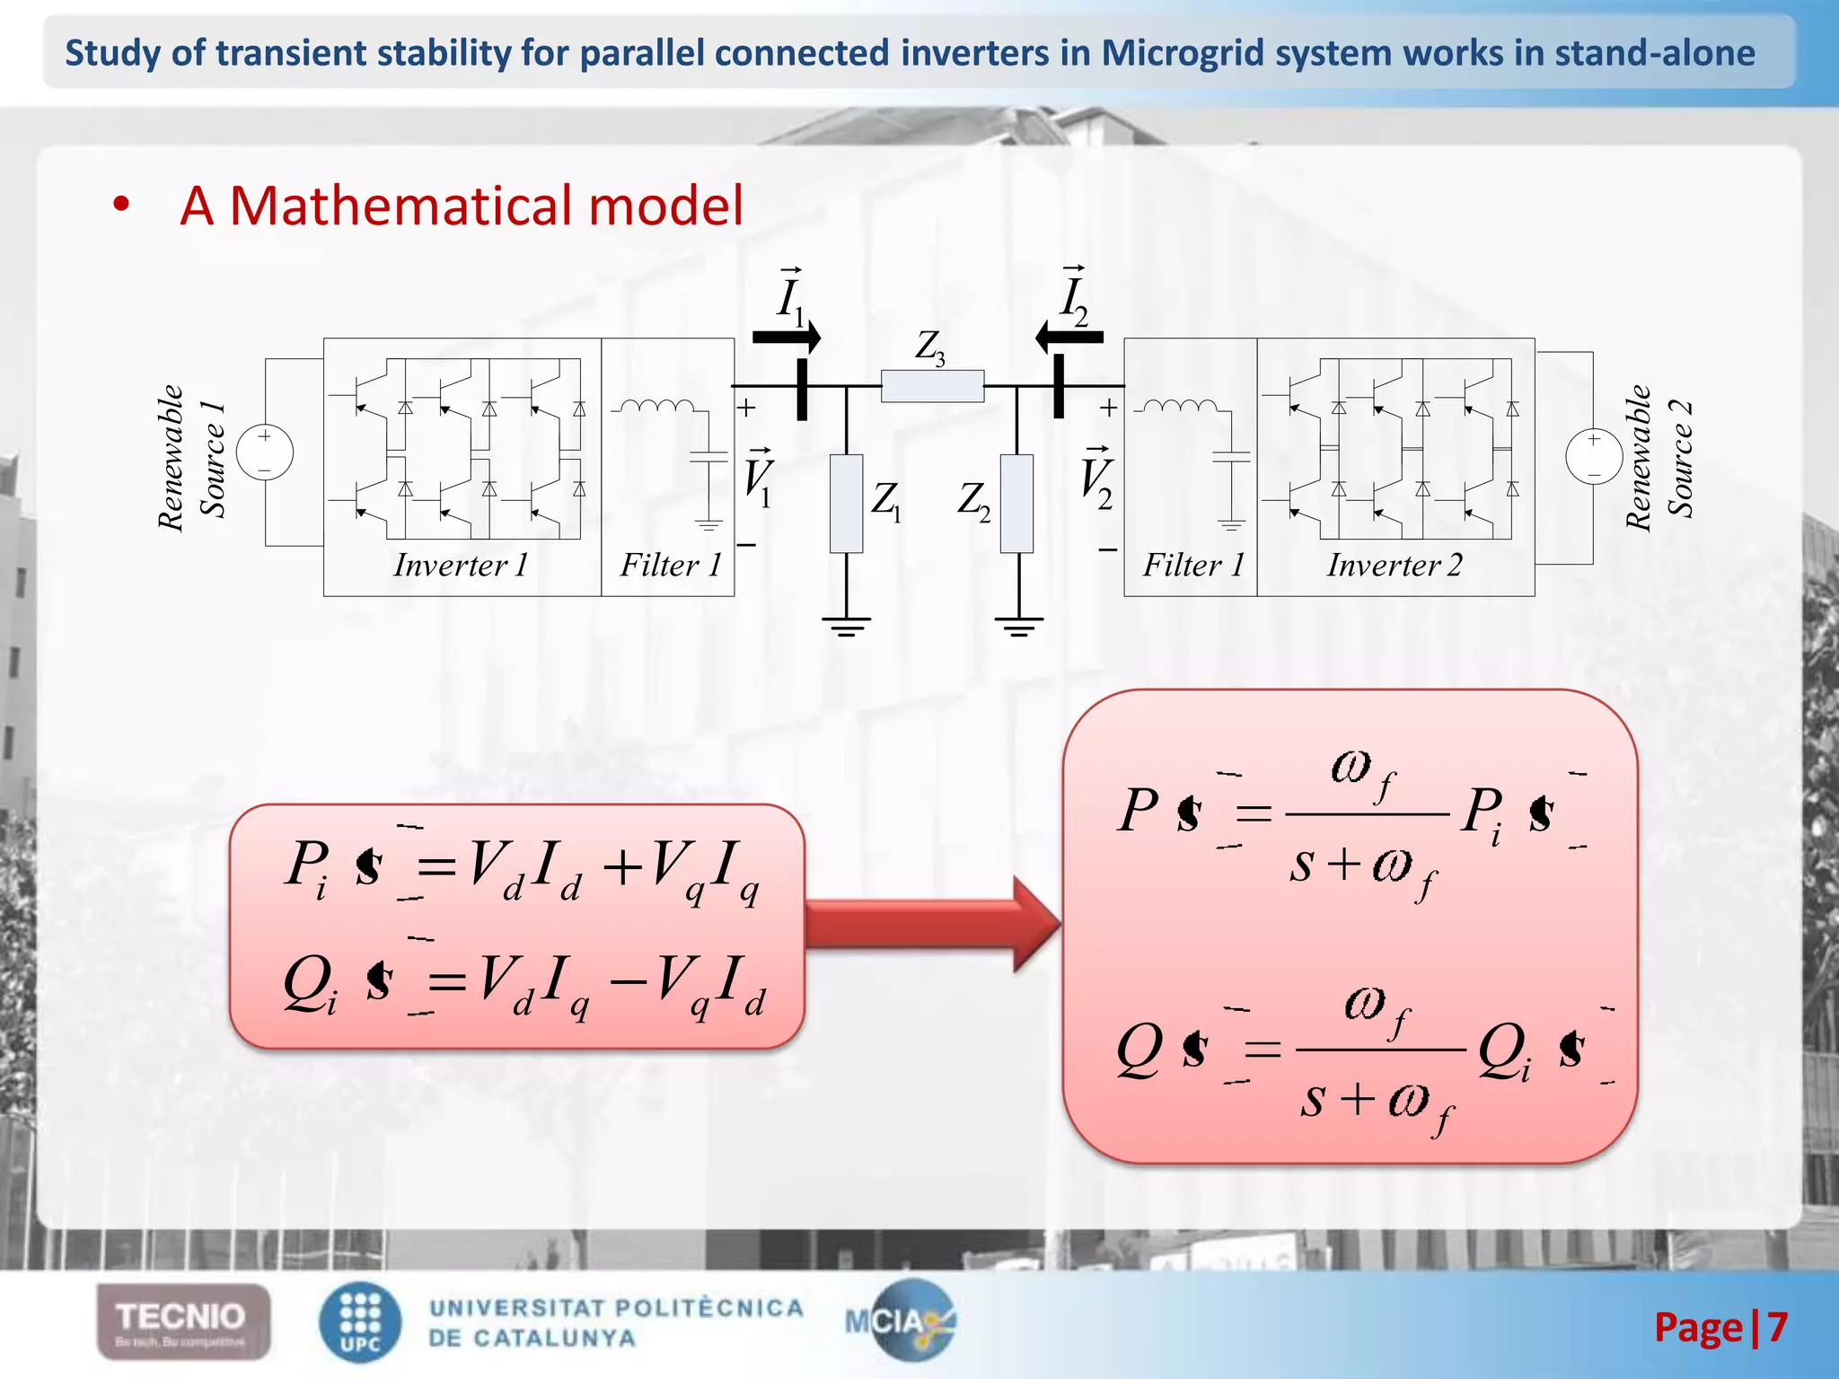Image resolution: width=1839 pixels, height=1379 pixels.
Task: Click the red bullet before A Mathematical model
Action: coord(120,206)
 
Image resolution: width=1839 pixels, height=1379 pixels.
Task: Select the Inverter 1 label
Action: coord(461,565)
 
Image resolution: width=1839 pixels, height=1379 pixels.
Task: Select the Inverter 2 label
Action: coord(1395,565)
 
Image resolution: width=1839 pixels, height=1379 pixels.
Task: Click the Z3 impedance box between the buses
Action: coord(932,386)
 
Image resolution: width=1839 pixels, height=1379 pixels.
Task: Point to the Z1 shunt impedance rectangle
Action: coord(846,504)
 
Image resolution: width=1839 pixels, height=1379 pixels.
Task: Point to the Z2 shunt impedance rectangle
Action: coord(1016,504)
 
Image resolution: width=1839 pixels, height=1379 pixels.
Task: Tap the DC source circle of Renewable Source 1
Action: coord(265,452)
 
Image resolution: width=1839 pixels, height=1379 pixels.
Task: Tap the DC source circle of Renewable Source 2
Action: coord(1594,457)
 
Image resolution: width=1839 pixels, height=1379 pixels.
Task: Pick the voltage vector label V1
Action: coord(758,478)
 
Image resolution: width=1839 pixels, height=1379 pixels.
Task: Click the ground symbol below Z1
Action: coord(846,624)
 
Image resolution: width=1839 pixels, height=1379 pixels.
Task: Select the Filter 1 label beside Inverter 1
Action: coord(671,565)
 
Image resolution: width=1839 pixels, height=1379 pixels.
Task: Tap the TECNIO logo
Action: coord(183,1321)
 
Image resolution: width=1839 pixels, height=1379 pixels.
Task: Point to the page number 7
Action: coord(1777,1327)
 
